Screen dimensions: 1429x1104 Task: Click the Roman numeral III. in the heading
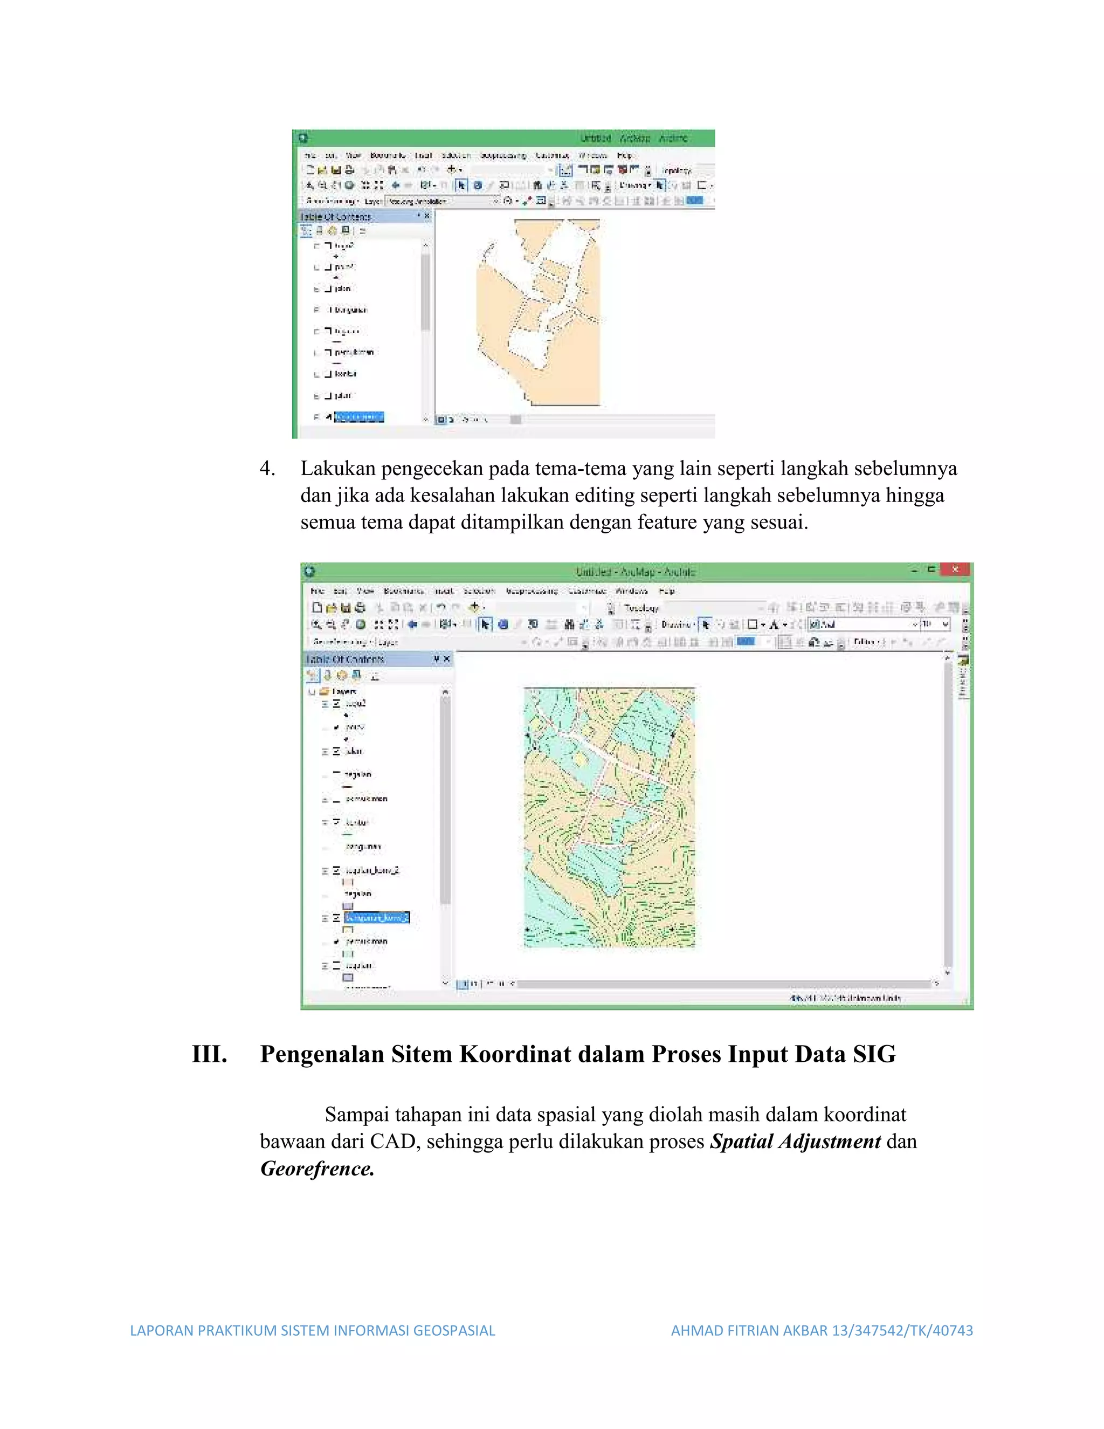209,1054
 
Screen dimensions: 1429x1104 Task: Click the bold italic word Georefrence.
317,1169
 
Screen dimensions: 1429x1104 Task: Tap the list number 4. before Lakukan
267,469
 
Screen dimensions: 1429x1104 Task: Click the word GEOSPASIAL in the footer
454,1330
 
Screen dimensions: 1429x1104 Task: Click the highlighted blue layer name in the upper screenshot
358,417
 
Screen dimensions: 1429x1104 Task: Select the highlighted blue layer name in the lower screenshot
377,917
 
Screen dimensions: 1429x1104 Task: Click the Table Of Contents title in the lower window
346,659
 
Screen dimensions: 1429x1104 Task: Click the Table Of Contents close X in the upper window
427,216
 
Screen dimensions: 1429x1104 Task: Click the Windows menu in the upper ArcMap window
592,156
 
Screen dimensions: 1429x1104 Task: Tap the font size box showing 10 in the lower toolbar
929,624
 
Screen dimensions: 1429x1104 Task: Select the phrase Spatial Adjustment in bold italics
795,1142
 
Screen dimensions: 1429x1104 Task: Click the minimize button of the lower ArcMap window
914,569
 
